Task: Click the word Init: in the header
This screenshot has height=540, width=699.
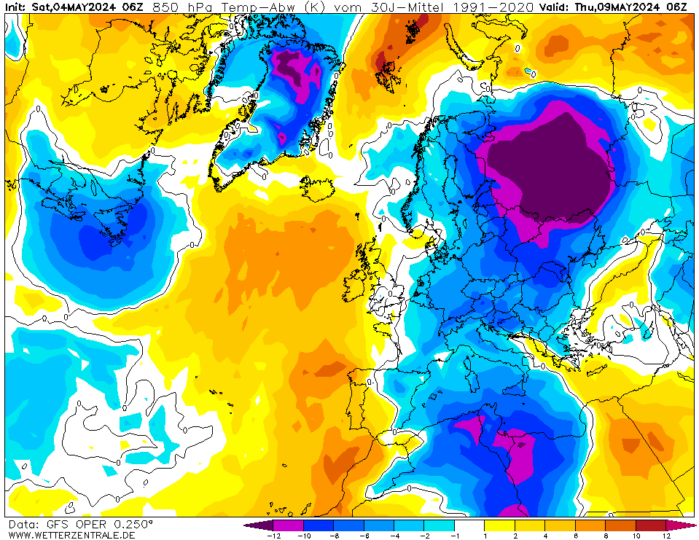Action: (x=17, y=7)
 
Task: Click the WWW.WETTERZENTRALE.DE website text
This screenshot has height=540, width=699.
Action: (x=71, y=535)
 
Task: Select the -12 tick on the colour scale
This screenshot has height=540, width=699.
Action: (x=273, y=536)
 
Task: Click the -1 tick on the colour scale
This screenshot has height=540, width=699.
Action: (x=455, y=536)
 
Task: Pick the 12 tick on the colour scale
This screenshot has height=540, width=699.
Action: (x=666, y=536)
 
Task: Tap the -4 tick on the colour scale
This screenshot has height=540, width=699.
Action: (x=394, y=536)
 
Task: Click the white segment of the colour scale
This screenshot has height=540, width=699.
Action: (x=470, y=525)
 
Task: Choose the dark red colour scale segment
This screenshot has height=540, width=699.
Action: (x=651, y=525)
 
